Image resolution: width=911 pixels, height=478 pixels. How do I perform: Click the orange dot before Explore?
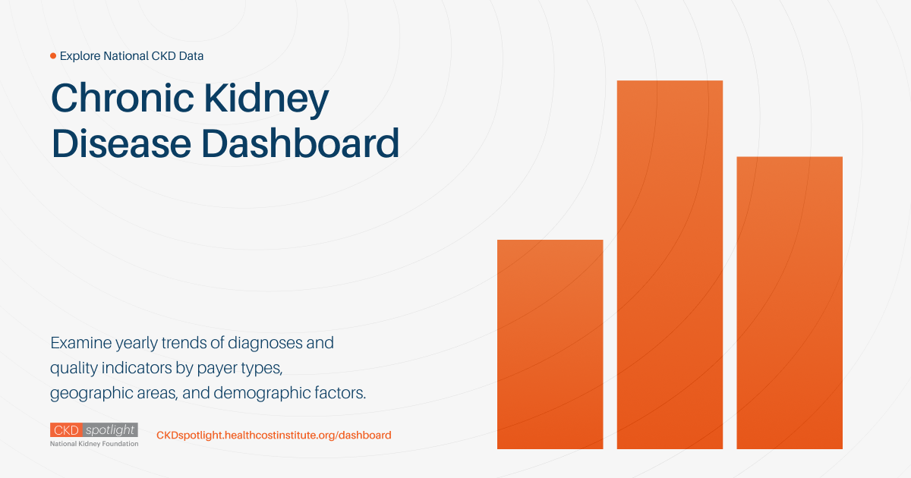tap(53, 56)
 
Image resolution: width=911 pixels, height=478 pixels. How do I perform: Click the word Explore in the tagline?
tap(80, 56)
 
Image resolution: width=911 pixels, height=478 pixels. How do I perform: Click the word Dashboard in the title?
tap(301, 143)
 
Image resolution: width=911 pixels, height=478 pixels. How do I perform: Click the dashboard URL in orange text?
tap(273, 436)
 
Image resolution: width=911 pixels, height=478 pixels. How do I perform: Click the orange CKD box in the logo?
tap(66, 430)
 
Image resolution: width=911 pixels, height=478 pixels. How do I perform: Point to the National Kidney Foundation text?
tap(94, 443)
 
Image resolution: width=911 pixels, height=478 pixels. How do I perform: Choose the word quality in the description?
tap(73, 369)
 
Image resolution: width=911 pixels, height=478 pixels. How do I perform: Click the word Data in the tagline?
tap(190, 56)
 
